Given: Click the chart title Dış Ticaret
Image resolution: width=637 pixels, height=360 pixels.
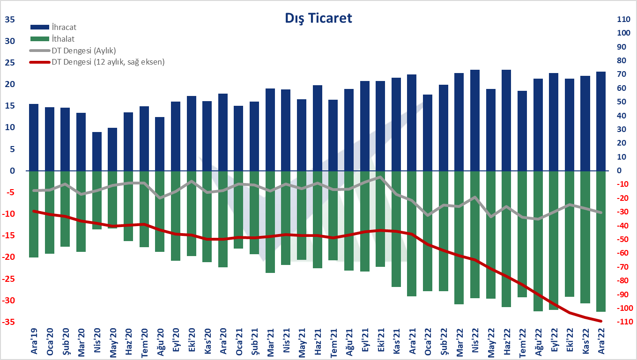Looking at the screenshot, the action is [318, 18].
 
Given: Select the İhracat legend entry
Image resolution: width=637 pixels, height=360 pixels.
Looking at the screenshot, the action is [53, 27].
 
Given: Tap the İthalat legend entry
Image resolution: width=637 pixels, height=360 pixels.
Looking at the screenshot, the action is [52, 39].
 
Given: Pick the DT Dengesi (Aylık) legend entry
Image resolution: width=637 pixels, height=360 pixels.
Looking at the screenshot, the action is [73, 51].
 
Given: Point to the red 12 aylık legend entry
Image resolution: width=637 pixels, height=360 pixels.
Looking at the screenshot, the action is [97, 62].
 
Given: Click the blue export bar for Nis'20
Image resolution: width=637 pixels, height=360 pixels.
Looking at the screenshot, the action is [97, 152].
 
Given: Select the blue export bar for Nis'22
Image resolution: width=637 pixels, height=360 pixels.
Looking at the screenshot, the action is [475, 120].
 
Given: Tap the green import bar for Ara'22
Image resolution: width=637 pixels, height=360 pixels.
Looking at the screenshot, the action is [601, 241].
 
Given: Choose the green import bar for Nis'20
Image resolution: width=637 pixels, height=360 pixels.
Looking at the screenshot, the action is [97, 200].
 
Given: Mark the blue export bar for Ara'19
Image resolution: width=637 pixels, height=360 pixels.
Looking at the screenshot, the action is [34, 138].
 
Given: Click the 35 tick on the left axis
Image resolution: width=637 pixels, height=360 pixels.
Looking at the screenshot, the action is [10, 20].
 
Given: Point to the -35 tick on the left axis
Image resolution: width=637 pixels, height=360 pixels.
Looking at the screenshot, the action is [8, 322].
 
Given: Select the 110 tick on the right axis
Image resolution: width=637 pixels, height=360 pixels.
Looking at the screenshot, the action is [623, 19].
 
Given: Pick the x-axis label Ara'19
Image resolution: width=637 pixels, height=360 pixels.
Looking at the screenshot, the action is [34, 342].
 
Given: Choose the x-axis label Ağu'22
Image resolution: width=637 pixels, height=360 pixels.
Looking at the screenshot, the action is [538, 342].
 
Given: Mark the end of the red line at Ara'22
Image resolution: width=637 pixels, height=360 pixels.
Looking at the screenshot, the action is [601, 321].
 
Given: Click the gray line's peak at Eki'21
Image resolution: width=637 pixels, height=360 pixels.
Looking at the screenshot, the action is [380, 177].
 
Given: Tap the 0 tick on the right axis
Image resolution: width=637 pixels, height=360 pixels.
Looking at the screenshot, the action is [619, 170].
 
